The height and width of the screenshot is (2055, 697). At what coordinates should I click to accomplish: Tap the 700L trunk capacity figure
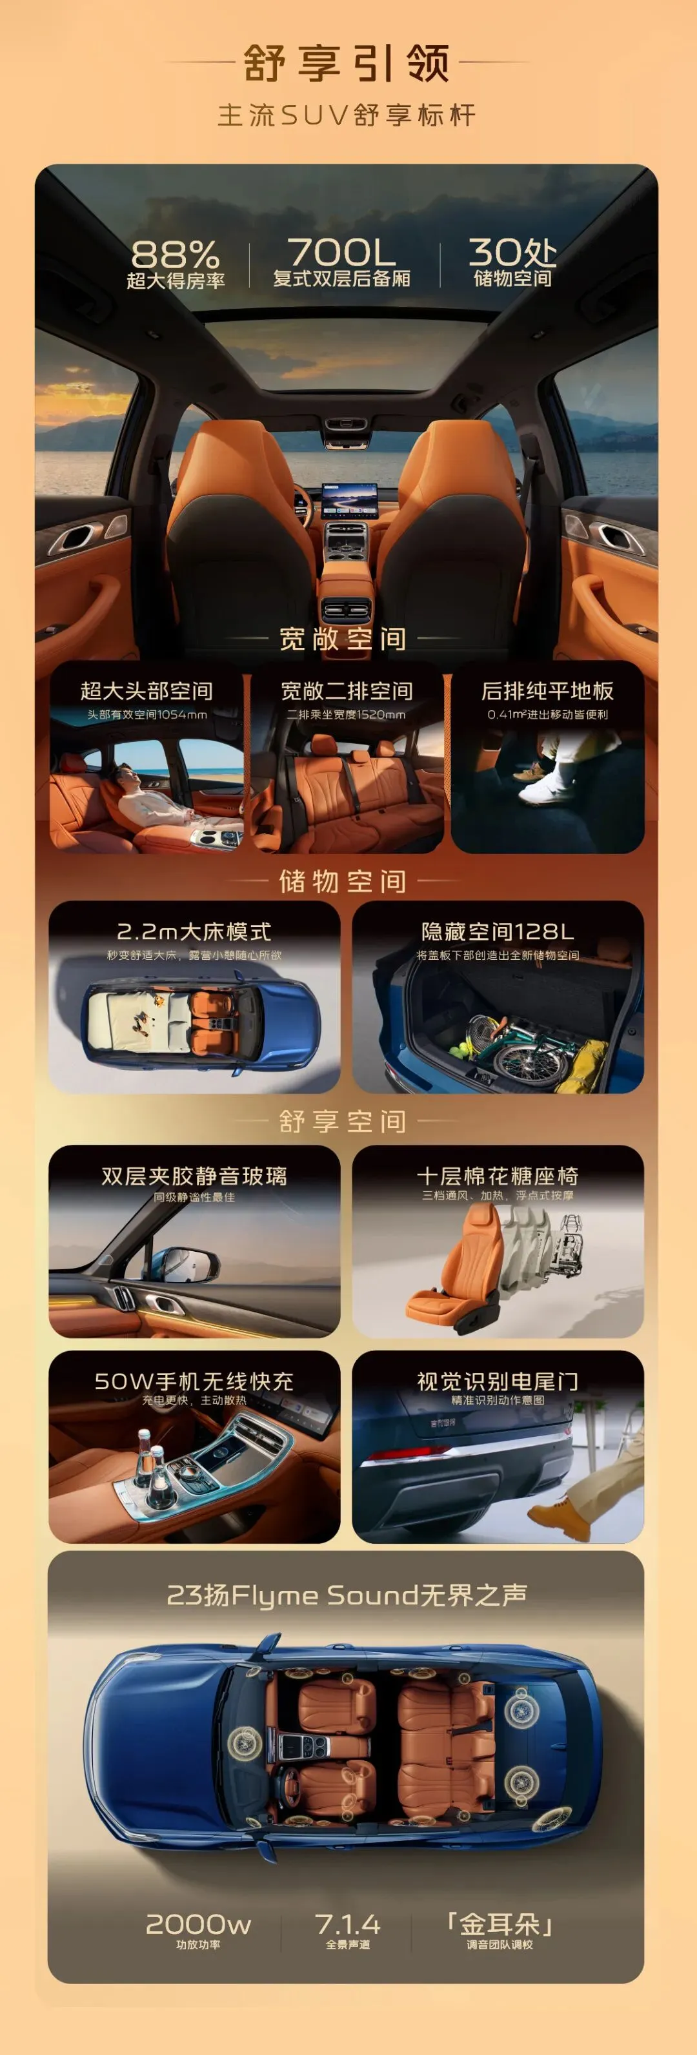[x=341, y=252]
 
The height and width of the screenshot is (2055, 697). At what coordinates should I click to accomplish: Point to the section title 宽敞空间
[x=343, y=638]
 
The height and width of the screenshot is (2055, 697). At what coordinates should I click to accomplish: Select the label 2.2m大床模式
[x=194, y=931]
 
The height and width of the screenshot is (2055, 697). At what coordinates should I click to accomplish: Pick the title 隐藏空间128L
[x=498, y=931]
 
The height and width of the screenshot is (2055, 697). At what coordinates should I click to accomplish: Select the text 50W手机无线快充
[x=194, y=1381]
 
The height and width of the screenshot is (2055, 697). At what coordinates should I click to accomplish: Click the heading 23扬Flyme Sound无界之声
[x=347, y=1595]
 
